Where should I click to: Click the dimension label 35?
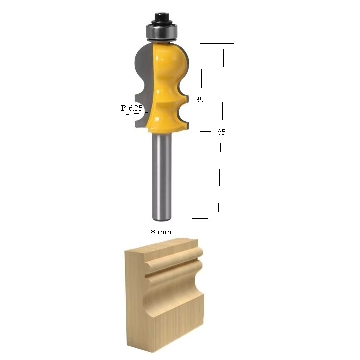(x=199, y=99)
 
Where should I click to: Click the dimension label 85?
(x=221, y=132)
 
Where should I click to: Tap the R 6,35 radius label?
(x=132, y=108)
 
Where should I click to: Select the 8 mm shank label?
(x=161, y=231)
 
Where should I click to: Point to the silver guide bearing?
(x=162, y=33)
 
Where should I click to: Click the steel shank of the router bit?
(x=162, y=177)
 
